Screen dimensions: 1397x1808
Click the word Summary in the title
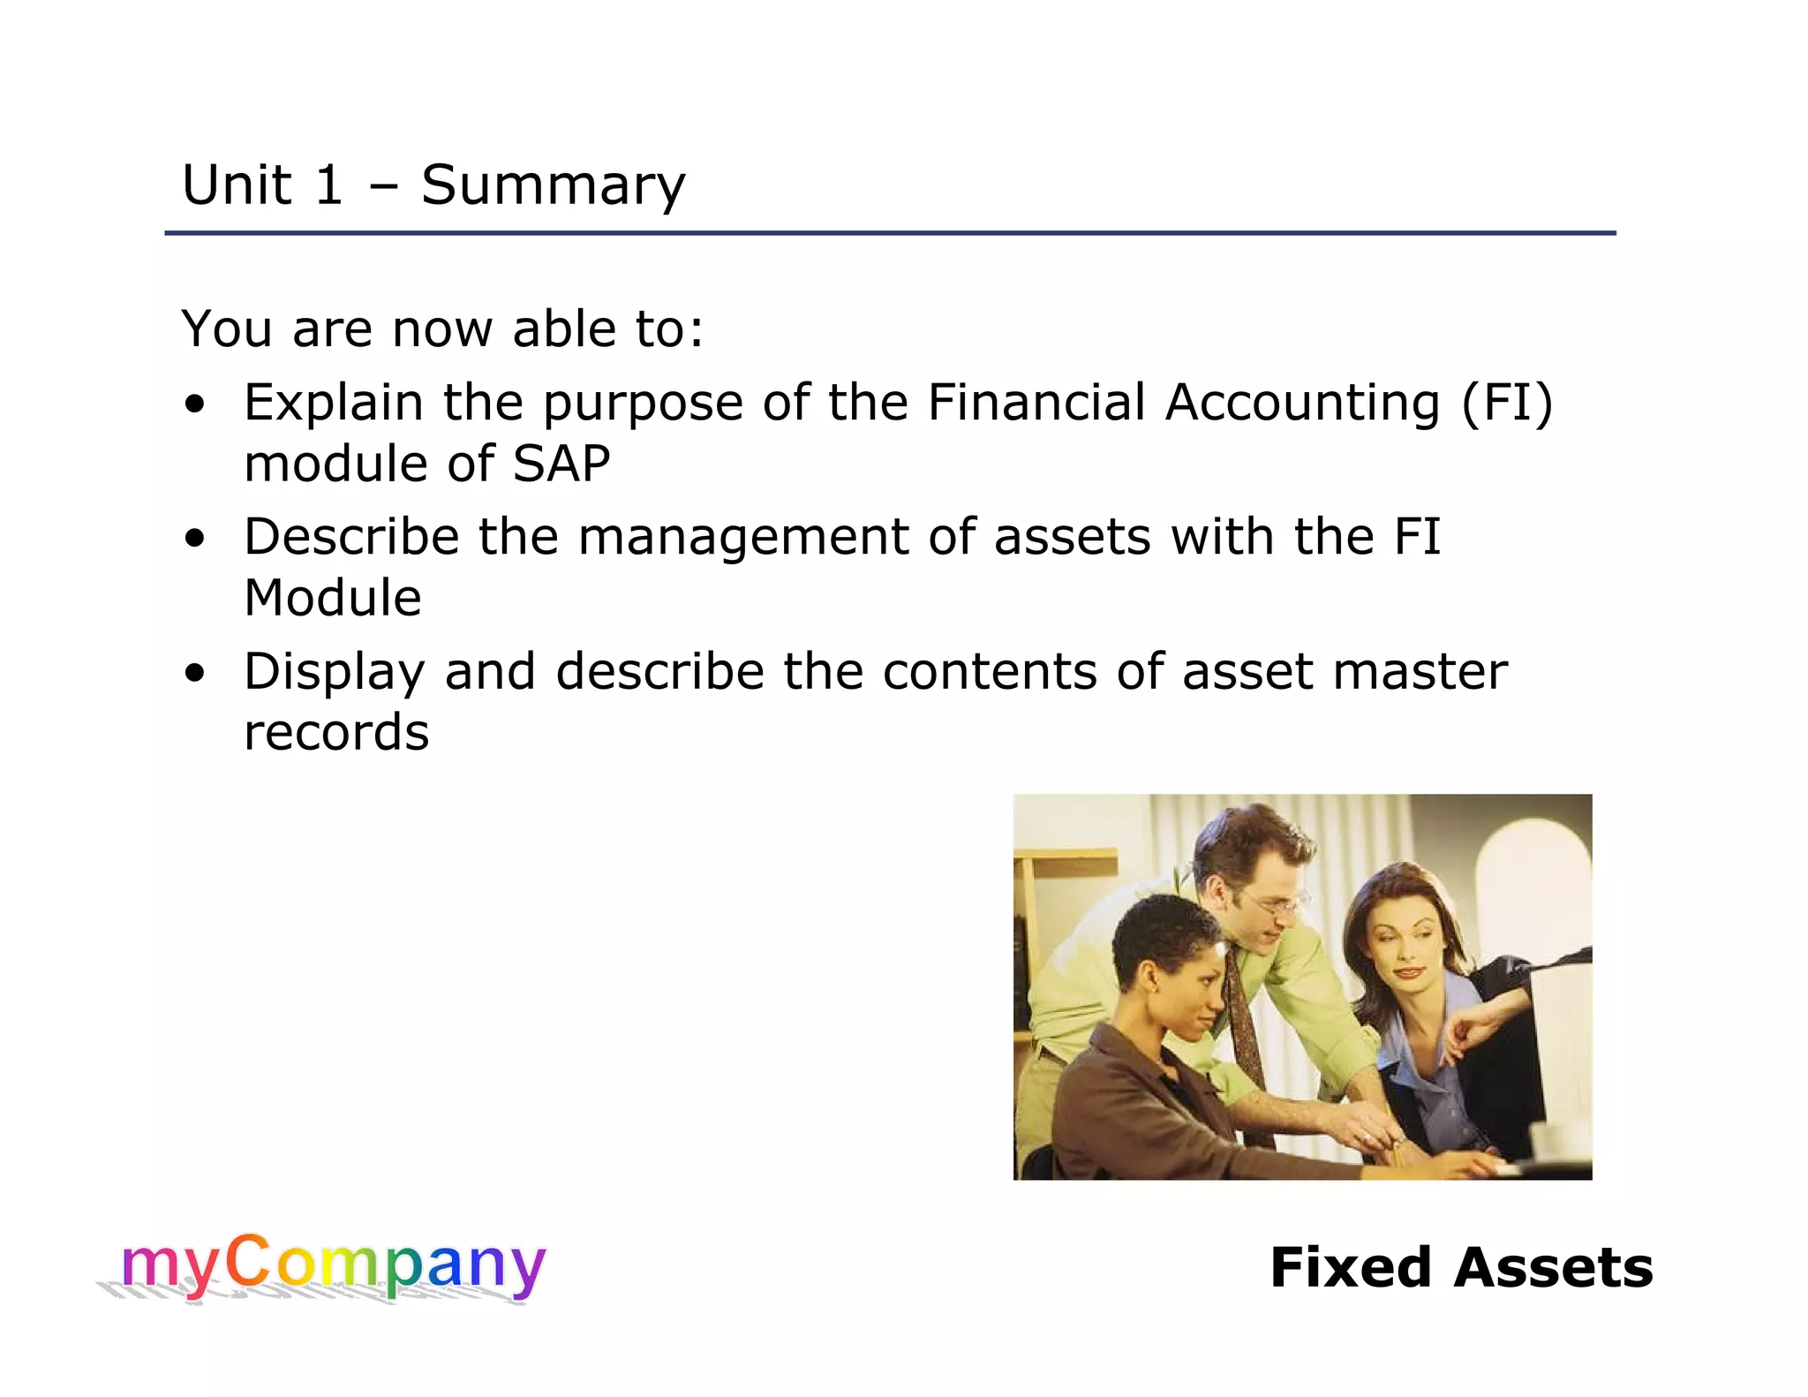553,186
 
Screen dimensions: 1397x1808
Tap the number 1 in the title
328,185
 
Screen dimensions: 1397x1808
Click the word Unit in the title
236,185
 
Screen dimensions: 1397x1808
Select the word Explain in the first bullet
333,404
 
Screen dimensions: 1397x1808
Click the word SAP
561,464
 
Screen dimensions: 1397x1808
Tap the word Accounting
1302,404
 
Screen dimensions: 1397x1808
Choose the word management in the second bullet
742,538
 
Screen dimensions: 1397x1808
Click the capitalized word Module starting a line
333,599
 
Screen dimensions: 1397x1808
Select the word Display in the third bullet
335,673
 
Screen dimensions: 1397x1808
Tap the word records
336,733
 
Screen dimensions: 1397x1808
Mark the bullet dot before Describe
195,539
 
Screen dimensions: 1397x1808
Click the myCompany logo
331,1266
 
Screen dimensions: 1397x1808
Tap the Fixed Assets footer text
1461,1268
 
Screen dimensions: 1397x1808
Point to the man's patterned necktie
1243,1016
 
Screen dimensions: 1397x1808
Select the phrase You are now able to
441,329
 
